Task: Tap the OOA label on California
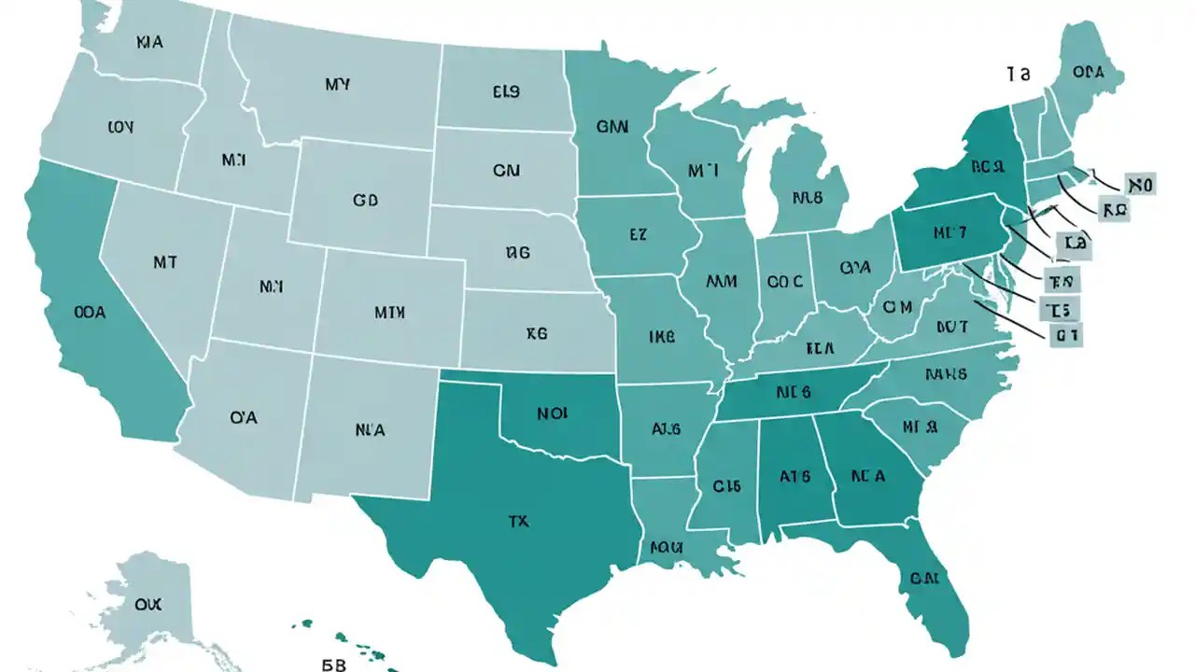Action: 89,314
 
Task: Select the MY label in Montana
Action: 337,85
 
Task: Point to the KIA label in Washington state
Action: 149,42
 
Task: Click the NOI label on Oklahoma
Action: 555,411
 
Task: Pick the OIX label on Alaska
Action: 148,605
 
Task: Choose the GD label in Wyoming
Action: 365,200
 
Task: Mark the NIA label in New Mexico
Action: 370,430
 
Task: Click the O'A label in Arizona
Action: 242,418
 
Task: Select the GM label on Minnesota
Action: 612,125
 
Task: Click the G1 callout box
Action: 1063,333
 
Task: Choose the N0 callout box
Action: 1140,185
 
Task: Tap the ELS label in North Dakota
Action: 506,92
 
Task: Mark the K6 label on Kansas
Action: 536,331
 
